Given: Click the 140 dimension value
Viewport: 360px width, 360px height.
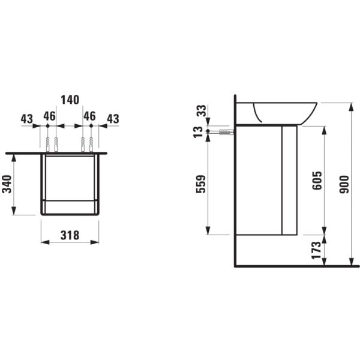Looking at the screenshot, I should pyautogui.click(x=70, y=100).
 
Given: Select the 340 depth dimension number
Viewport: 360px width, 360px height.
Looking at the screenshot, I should pyautogui.click(x=7, y=184).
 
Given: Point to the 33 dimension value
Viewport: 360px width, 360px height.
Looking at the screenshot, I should pyautogui.click(x=200, y=110).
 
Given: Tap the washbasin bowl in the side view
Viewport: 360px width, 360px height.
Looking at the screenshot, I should pyautogui.click(x=284, y=112).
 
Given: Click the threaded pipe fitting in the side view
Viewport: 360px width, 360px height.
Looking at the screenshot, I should pyautogui.click(x=225, y=131).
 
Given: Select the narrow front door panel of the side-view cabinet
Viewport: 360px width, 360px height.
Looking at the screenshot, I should pyautogui.click(x=289, y=180).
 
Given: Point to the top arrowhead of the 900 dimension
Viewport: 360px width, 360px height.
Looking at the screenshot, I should pyautogui.click(x=349, y=104).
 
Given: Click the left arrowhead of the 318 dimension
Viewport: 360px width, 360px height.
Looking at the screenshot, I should pyautogui.click(x=43, y=242).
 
